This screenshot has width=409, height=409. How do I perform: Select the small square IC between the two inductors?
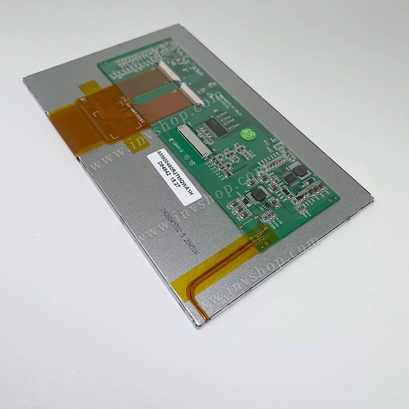[289, 178]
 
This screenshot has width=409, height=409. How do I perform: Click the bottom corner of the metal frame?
[196, 326]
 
